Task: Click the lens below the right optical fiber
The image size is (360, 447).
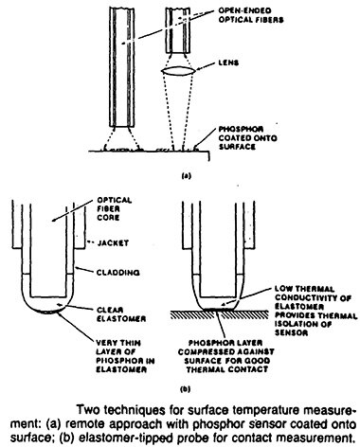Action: pyautogui.click(x=181, y=73)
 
